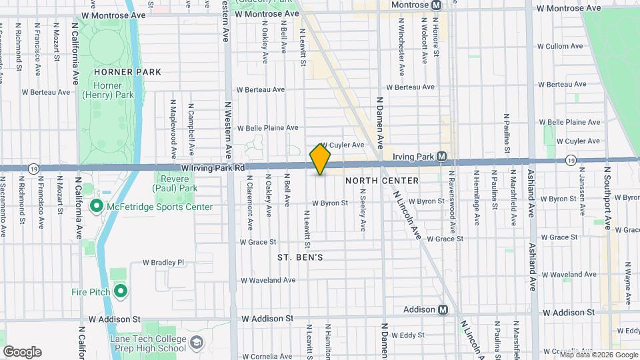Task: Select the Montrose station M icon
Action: point(436,5)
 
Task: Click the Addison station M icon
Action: point(443,309)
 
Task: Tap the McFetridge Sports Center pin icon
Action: point(95,207)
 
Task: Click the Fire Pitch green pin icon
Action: point(121,291)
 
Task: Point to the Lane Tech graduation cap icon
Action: point(197,343)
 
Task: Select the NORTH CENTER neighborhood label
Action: point(383,181)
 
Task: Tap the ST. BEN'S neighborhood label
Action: point(300,257)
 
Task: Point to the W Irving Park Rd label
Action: point(213,168)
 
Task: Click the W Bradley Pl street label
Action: point(163,263)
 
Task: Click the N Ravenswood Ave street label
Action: point(452,200)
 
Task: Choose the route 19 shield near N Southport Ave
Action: point(571,161)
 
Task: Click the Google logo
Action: point(22,351)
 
